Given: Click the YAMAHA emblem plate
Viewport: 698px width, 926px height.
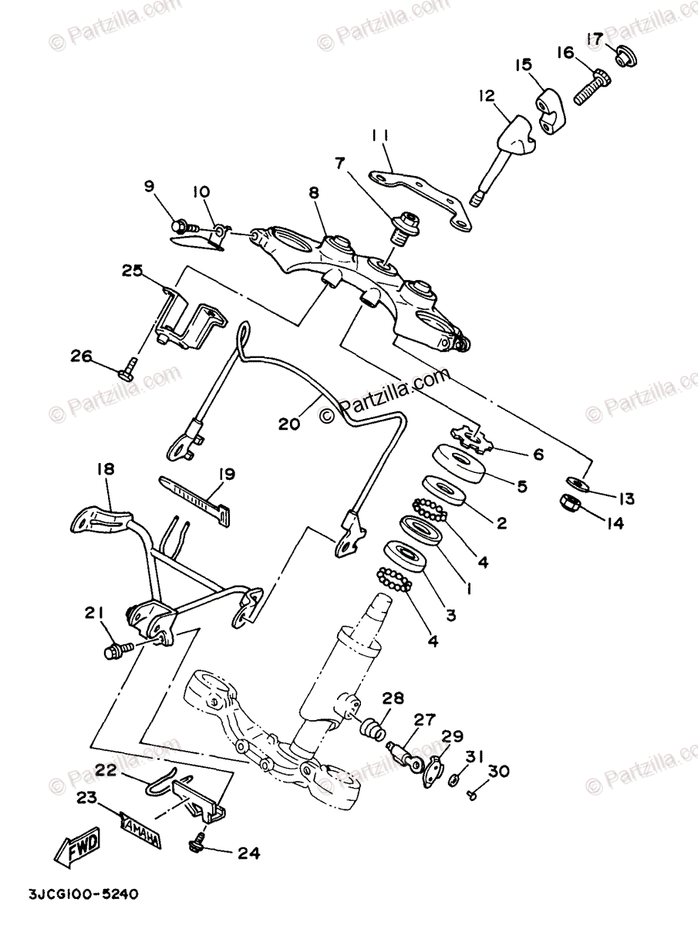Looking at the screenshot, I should pyautogui.click(x=140, y=832).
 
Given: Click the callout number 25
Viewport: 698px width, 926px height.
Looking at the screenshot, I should pyautogui.click(x=132, y=271).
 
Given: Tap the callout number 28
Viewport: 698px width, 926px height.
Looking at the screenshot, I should pyautogui.click(x=392, y=699).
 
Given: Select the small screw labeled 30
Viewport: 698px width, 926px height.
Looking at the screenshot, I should pyautogui.click(x=472, y=794).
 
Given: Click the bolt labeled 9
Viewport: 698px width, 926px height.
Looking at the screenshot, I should pyautogui.click(x=178, y=226).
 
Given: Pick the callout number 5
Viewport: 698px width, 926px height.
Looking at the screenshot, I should pyautogui.click(x=521, y=487).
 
